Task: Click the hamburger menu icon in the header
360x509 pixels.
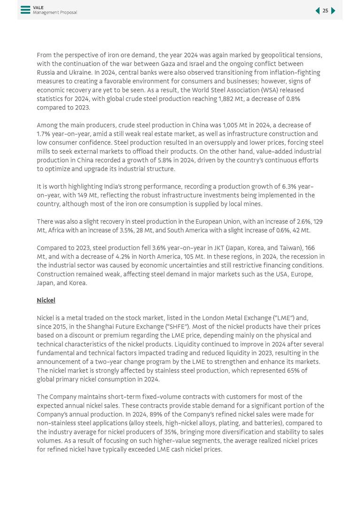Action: pyautogui.click(x=25, y=10)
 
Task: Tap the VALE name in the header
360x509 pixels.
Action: pyautogui.click(x=38, y=8)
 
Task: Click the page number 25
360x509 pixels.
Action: pyautogui.click(x=325, y=11)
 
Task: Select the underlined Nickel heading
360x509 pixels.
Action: pyautogui.click(x=46, y=300)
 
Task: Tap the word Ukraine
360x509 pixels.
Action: pyautogui.click(x=73, y=73)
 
